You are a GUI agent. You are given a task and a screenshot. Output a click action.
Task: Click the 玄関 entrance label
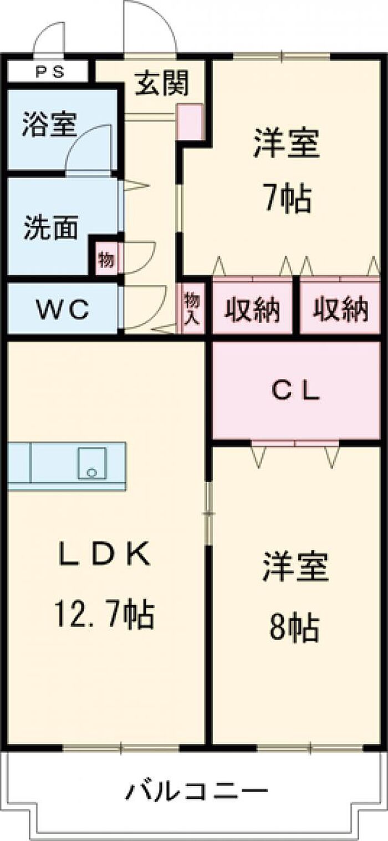click(x=162, y=84)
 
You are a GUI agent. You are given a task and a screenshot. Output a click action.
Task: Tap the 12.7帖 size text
click(x=104, y=612)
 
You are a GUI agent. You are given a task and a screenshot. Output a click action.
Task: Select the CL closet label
click(x=295, y=392)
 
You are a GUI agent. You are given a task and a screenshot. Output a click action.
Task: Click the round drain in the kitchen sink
click(x=92, y=473)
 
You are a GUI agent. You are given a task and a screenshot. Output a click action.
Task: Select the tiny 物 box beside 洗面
click(x=105, y=259)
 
